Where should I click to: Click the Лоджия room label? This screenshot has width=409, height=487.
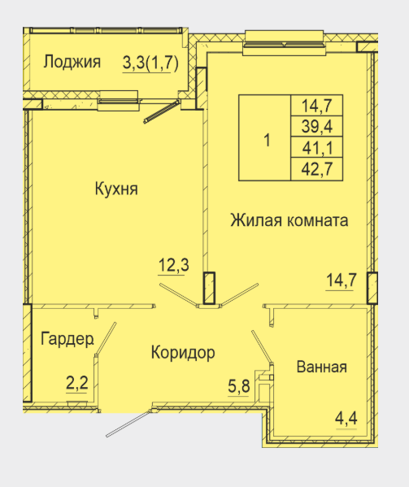coord(72,62)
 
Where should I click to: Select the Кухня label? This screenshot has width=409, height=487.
coord(116,189)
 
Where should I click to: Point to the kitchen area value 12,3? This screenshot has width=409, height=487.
coord(173,265)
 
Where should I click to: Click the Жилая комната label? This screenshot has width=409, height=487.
coord(289,220)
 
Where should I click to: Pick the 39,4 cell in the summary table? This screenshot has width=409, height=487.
coord(317,126)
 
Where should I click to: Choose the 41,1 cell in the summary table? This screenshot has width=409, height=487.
coord(317,147)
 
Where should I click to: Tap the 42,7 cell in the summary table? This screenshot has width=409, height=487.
coord(317,169)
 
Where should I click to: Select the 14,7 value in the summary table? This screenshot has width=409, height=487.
coord(317,106)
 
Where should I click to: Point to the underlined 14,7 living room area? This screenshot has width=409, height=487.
coord(341,280)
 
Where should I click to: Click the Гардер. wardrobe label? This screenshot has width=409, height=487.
coord(67,339)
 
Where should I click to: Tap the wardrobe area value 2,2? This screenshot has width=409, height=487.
coord(77,383)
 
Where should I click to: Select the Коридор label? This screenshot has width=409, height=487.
coord(183,353)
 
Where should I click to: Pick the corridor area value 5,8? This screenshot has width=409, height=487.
coord(239,386)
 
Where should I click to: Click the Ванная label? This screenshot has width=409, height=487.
coord(322,367)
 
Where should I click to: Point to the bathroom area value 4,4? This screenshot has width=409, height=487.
coord(346,418)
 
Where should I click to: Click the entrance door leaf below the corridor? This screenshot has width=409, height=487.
coord(128,424)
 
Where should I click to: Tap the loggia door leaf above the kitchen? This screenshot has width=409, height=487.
coord(162,112)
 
